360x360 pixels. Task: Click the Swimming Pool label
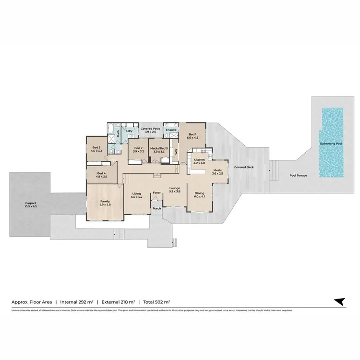(x=331, y=144)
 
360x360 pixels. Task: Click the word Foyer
(x=156, y=193)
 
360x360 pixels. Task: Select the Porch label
(x=156, y=209)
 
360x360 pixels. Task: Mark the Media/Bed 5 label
(x=158, y=149)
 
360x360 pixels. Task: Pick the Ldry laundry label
(x=129, y=131)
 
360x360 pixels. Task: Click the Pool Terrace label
(x=298, y=176)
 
